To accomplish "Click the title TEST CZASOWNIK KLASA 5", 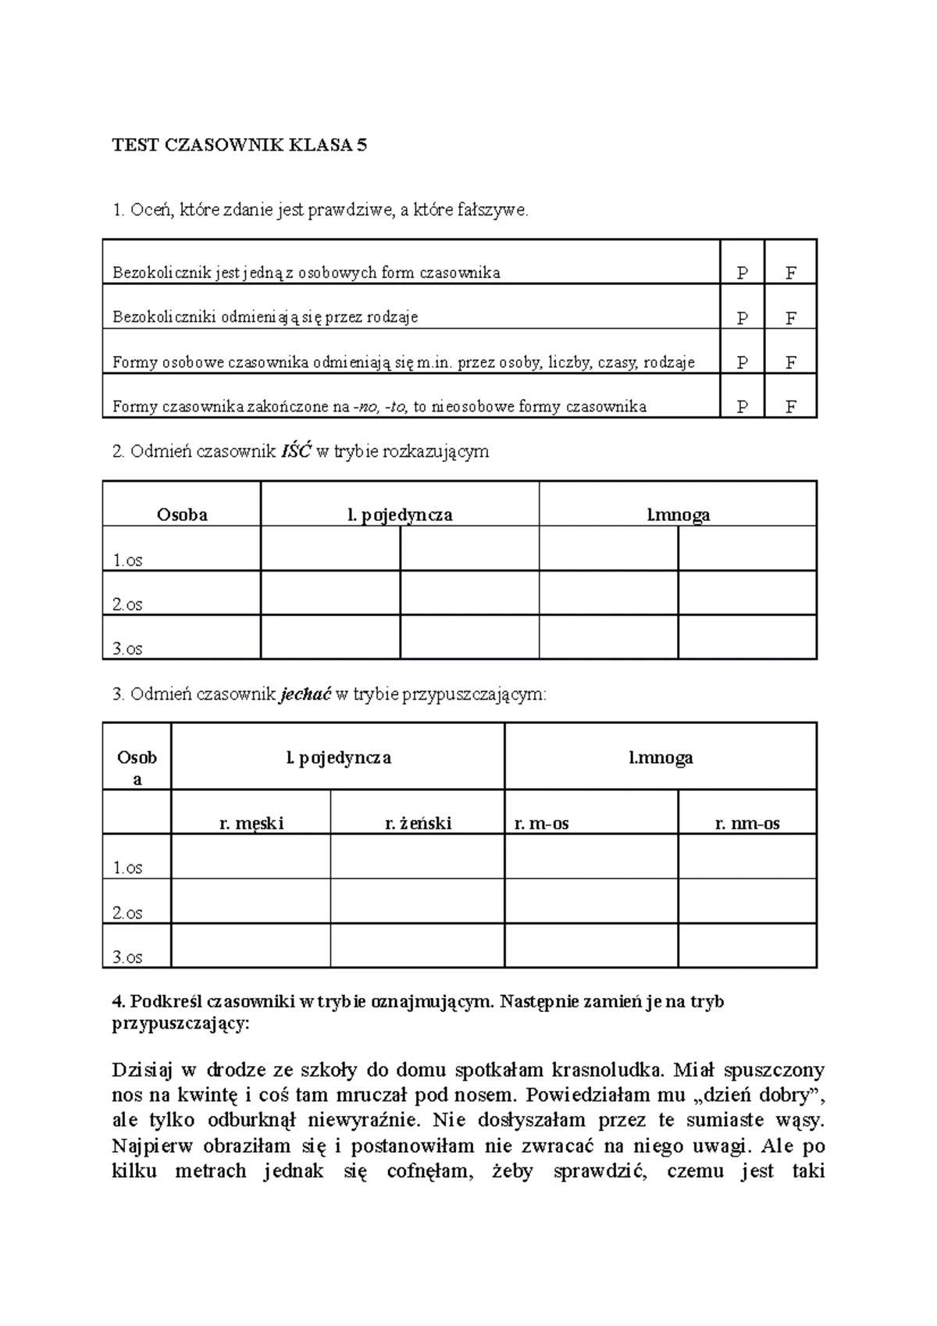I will [239, 145].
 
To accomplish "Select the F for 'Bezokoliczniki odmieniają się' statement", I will [791, 318].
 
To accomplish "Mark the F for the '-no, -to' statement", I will [791, 407].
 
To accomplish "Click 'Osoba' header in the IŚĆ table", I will [182, 515].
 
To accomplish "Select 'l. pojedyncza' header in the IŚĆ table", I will [400, 515].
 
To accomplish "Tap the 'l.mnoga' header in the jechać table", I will [661, 757].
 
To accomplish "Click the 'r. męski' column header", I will [251, 823].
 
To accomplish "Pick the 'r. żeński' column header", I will [418, 823].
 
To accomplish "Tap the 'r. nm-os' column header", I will [747, 823].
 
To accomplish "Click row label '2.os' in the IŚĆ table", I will [127, 604].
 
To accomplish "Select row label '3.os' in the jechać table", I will [127, 957].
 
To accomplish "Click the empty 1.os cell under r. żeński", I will [418, 857].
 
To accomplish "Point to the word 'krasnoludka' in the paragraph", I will [607, 1069].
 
